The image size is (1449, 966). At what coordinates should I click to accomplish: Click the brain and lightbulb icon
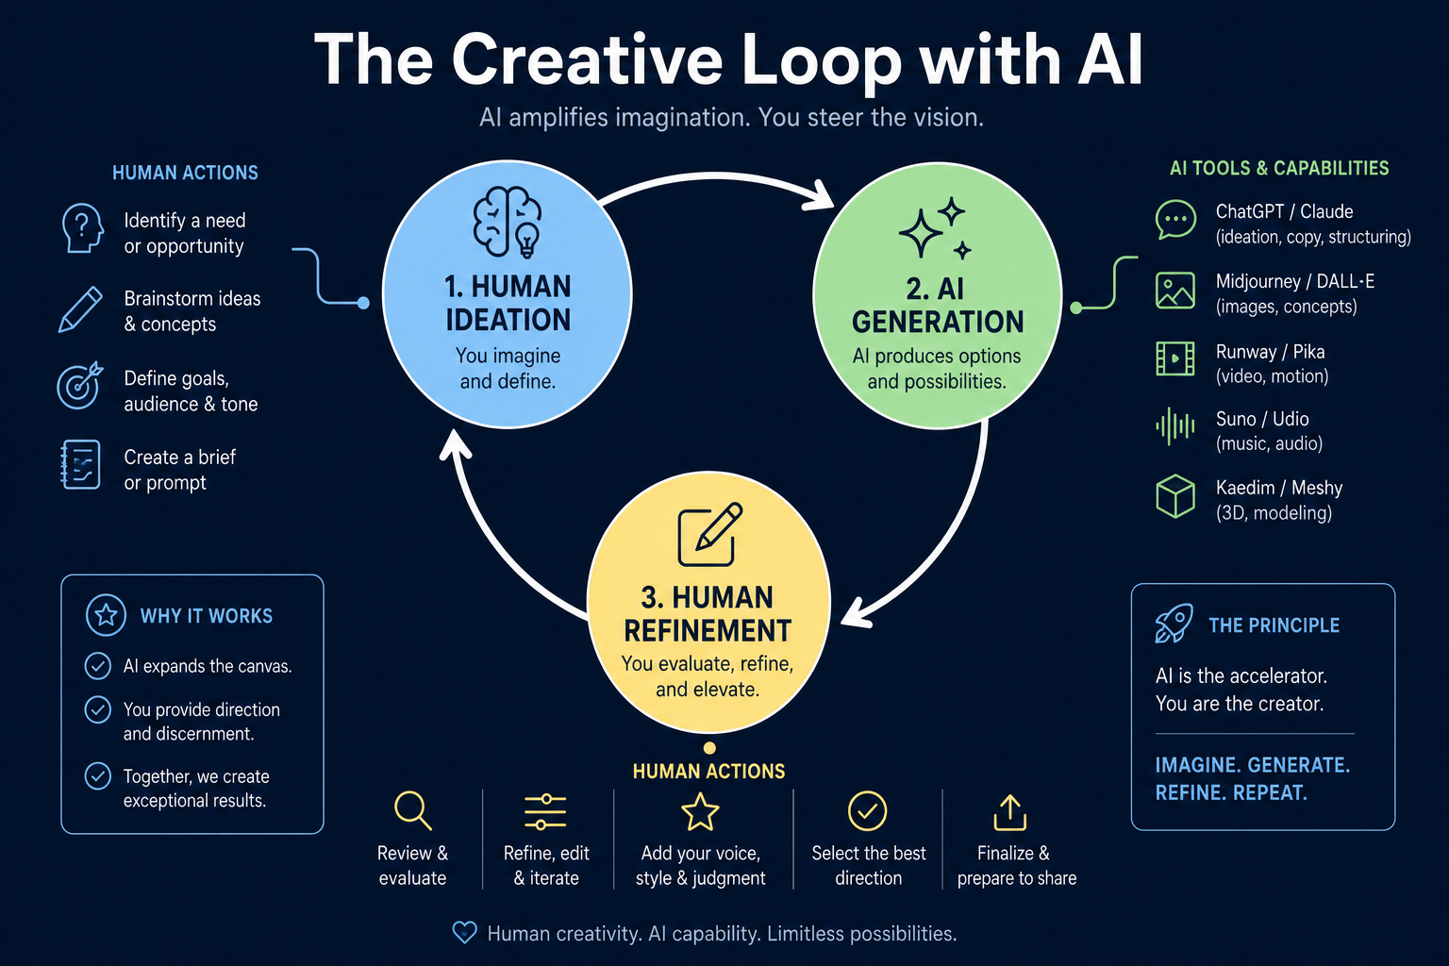508,222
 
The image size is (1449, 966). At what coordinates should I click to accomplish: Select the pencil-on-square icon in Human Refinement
709,535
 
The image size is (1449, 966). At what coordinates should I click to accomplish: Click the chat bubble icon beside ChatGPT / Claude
1175,220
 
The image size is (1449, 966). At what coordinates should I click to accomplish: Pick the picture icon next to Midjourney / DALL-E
1174,291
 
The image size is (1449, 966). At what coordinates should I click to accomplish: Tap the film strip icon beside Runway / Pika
1174,358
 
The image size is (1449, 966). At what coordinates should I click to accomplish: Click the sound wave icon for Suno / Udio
1174,426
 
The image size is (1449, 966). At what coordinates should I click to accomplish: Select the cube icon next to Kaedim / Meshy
1174,496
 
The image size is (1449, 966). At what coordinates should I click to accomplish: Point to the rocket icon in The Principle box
1174,623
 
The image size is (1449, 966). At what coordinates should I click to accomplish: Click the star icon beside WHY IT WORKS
106,615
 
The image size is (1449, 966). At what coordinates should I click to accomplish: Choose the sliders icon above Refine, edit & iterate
545,811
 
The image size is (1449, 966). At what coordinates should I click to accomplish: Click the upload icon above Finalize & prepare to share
1009,812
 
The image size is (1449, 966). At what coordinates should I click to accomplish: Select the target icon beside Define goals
79,385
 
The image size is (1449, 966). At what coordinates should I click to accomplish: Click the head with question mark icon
82,227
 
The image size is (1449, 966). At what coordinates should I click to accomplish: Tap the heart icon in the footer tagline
464,932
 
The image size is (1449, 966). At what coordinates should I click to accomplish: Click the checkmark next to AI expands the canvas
98,666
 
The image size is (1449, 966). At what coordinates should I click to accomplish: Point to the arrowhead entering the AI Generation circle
818,194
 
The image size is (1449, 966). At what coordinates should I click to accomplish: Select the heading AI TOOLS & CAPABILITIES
1279,168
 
